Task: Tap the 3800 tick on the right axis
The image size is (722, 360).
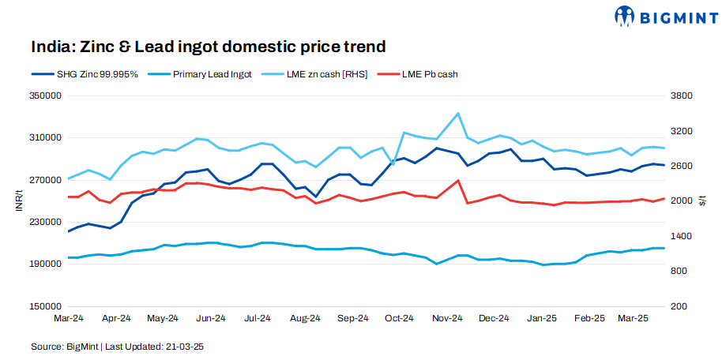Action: pyautogui.click(x=682, y=96)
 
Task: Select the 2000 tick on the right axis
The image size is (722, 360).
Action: pyautogui.click(x=682, y=201)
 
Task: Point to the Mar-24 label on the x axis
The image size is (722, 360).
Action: pyautogui.click(x=69, y=318)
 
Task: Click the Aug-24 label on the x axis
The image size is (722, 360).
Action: pyautogui.click(x=305, y=318)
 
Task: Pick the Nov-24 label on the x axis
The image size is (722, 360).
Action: pyautogui.click(x=446, y=318)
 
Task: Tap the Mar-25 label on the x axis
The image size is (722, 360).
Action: pyautogui.click(x=634, y=318)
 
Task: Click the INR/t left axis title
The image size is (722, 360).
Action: pyautogui.click(x=17, y=201)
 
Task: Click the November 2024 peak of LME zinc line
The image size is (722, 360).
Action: pyautogui.click(x=458, y=113)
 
